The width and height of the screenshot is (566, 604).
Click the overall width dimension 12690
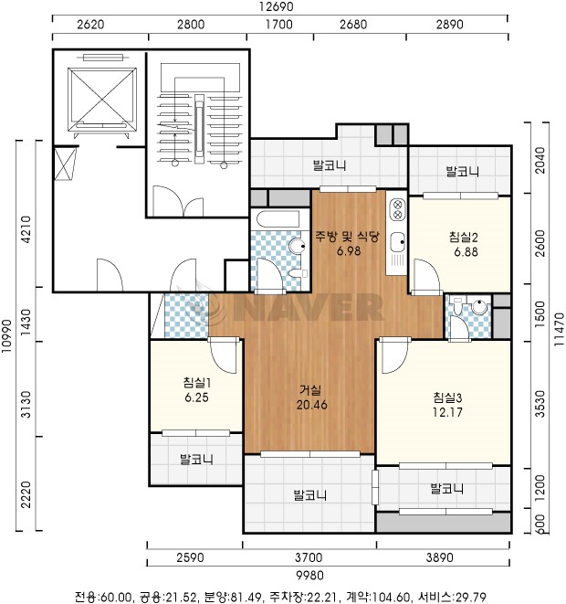click(x=276, y=6)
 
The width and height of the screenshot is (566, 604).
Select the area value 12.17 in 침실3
click(x=447, y=412)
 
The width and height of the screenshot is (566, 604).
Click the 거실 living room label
click(x=310, y=390)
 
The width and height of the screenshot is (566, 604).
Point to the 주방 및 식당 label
click(x=348, y=236)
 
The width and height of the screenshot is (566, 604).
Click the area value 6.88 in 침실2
click(x=466, y=252)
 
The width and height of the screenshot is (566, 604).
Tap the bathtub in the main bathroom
click(x=278, y=219)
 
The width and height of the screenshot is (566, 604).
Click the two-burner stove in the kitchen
click(x=397, y=208)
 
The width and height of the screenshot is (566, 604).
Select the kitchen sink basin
click(x=397, y=242)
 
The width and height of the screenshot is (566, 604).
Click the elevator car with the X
click(x=102, y=100)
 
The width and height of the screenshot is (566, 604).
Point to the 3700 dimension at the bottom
click(x=309, y=557)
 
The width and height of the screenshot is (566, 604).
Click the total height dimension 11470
click(x=559, y=329)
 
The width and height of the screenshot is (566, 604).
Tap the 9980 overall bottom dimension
click(x=309, y=575)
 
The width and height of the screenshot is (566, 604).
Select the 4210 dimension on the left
click(x=26, y=229)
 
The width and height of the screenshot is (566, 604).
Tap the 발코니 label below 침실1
click(x=196, y=459)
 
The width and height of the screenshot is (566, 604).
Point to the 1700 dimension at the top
click(x=279, y=25)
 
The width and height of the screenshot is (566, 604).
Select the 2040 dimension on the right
click(x=540, y=160)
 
